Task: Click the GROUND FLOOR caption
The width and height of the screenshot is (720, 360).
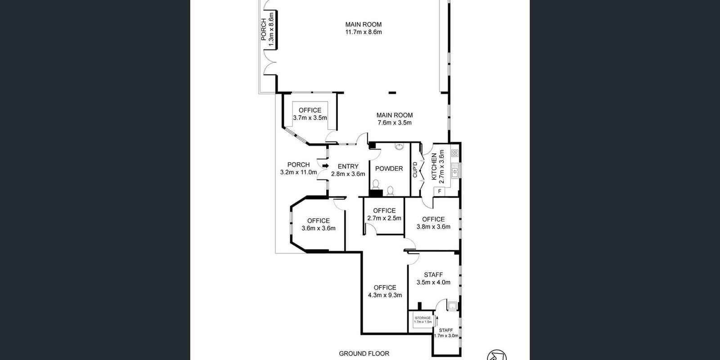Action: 364,354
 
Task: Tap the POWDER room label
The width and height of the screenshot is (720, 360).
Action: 389,169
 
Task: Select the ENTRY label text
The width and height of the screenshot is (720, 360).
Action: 348,166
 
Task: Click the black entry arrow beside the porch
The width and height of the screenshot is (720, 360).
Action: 325,166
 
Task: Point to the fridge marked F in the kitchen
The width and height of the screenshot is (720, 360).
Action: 439,192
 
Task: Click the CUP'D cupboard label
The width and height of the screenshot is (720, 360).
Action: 415,169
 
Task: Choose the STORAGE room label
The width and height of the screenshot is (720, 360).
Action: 423,318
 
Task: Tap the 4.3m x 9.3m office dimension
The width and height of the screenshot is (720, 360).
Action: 385,295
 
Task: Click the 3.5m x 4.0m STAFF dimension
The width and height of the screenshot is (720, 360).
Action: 433,283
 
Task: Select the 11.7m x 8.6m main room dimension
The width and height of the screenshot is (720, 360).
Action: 364,32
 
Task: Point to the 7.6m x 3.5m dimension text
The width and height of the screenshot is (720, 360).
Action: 394,123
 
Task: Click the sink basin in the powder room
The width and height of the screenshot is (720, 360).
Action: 399,147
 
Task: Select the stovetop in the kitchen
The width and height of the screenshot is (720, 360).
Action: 454,153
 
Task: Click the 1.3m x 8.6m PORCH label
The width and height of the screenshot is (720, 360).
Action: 267,29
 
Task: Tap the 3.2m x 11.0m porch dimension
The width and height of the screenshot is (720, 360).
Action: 299,172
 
